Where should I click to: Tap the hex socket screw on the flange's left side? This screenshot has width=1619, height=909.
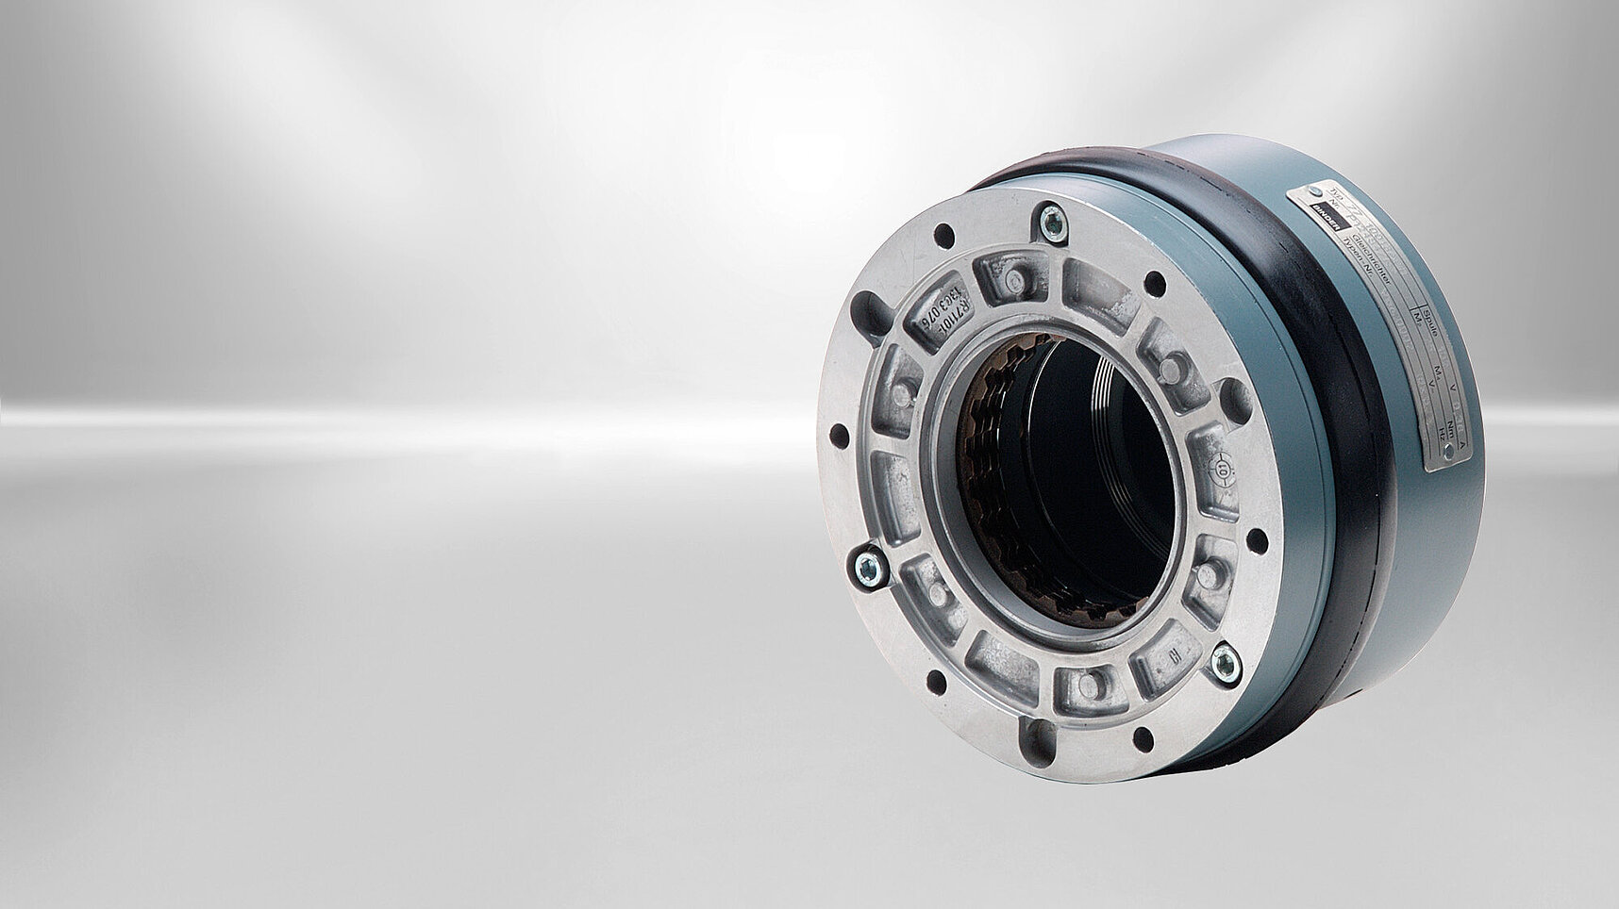pos(866,569)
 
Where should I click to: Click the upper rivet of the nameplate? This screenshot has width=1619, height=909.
pos(1315,191)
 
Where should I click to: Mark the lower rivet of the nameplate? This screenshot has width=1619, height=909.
pos(1448,452)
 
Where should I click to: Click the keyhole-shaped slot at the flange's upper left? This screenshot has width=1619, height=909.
pos(870,316)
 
